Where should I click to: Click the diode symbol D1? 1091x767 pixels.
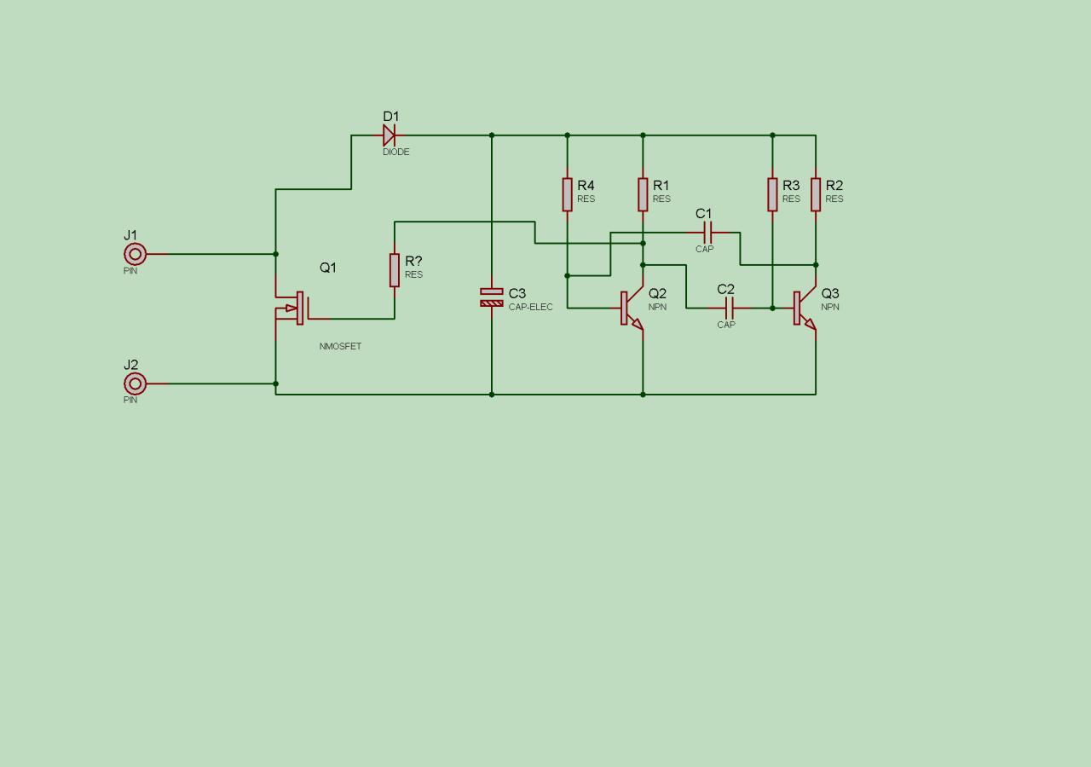pyautogui.click(x=389, y=135)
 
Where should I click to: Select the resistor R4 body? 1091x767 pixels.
pyautogui.click(x=567, y=194)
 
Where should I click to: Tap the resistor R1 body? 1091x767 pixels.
pyautogui.click(x=643, y=194)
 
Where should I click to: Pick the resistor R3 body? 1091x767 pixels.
pyautogui.click(x=772, y=194)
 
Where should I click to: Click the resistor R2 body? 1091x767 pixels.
pyautogui.click(x=816, y=194)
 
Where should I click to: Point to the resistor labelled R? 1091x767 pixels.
pyautogui.click(x=395, y=270)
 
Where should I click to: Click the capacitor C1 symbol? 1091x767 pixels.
pyautogui.click(x=707, y=233)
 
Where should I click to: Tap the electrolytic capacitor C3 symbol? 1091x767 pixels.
pyautogui.click(x=492, y=297)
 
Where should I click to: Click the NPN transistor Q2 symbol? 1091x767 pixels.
pyautogui.click(x=632, y=309)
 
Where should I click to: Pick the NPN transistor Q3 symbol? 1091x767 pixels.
pyautogui.click(x=805, y=309)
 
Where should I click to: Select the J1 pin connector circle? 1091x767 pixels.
pyautogui.click(x=135, y=254)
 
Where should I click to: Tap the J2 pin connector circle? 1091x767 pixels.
pyautogui.click(x=135, y=383)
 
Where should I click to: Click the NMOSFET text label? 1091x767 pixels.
pyautogui.click(x=340, y=347)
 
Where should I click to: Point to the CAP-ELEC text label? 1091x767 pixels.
pyautogui.click(x=530, y=307)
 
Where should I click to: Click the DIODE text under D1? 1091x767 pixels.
pyautogui.click(x=395, y=153)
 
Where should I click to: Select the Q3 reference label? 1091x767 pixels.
pyautogui.click(x=830, y=294)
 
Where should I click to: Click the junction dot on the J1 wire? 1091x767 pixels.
pyautogui.click(x=275, y=254)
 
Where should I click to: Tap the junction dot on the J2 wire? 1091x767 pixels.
pyautogui.click(x=275, y=383)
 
